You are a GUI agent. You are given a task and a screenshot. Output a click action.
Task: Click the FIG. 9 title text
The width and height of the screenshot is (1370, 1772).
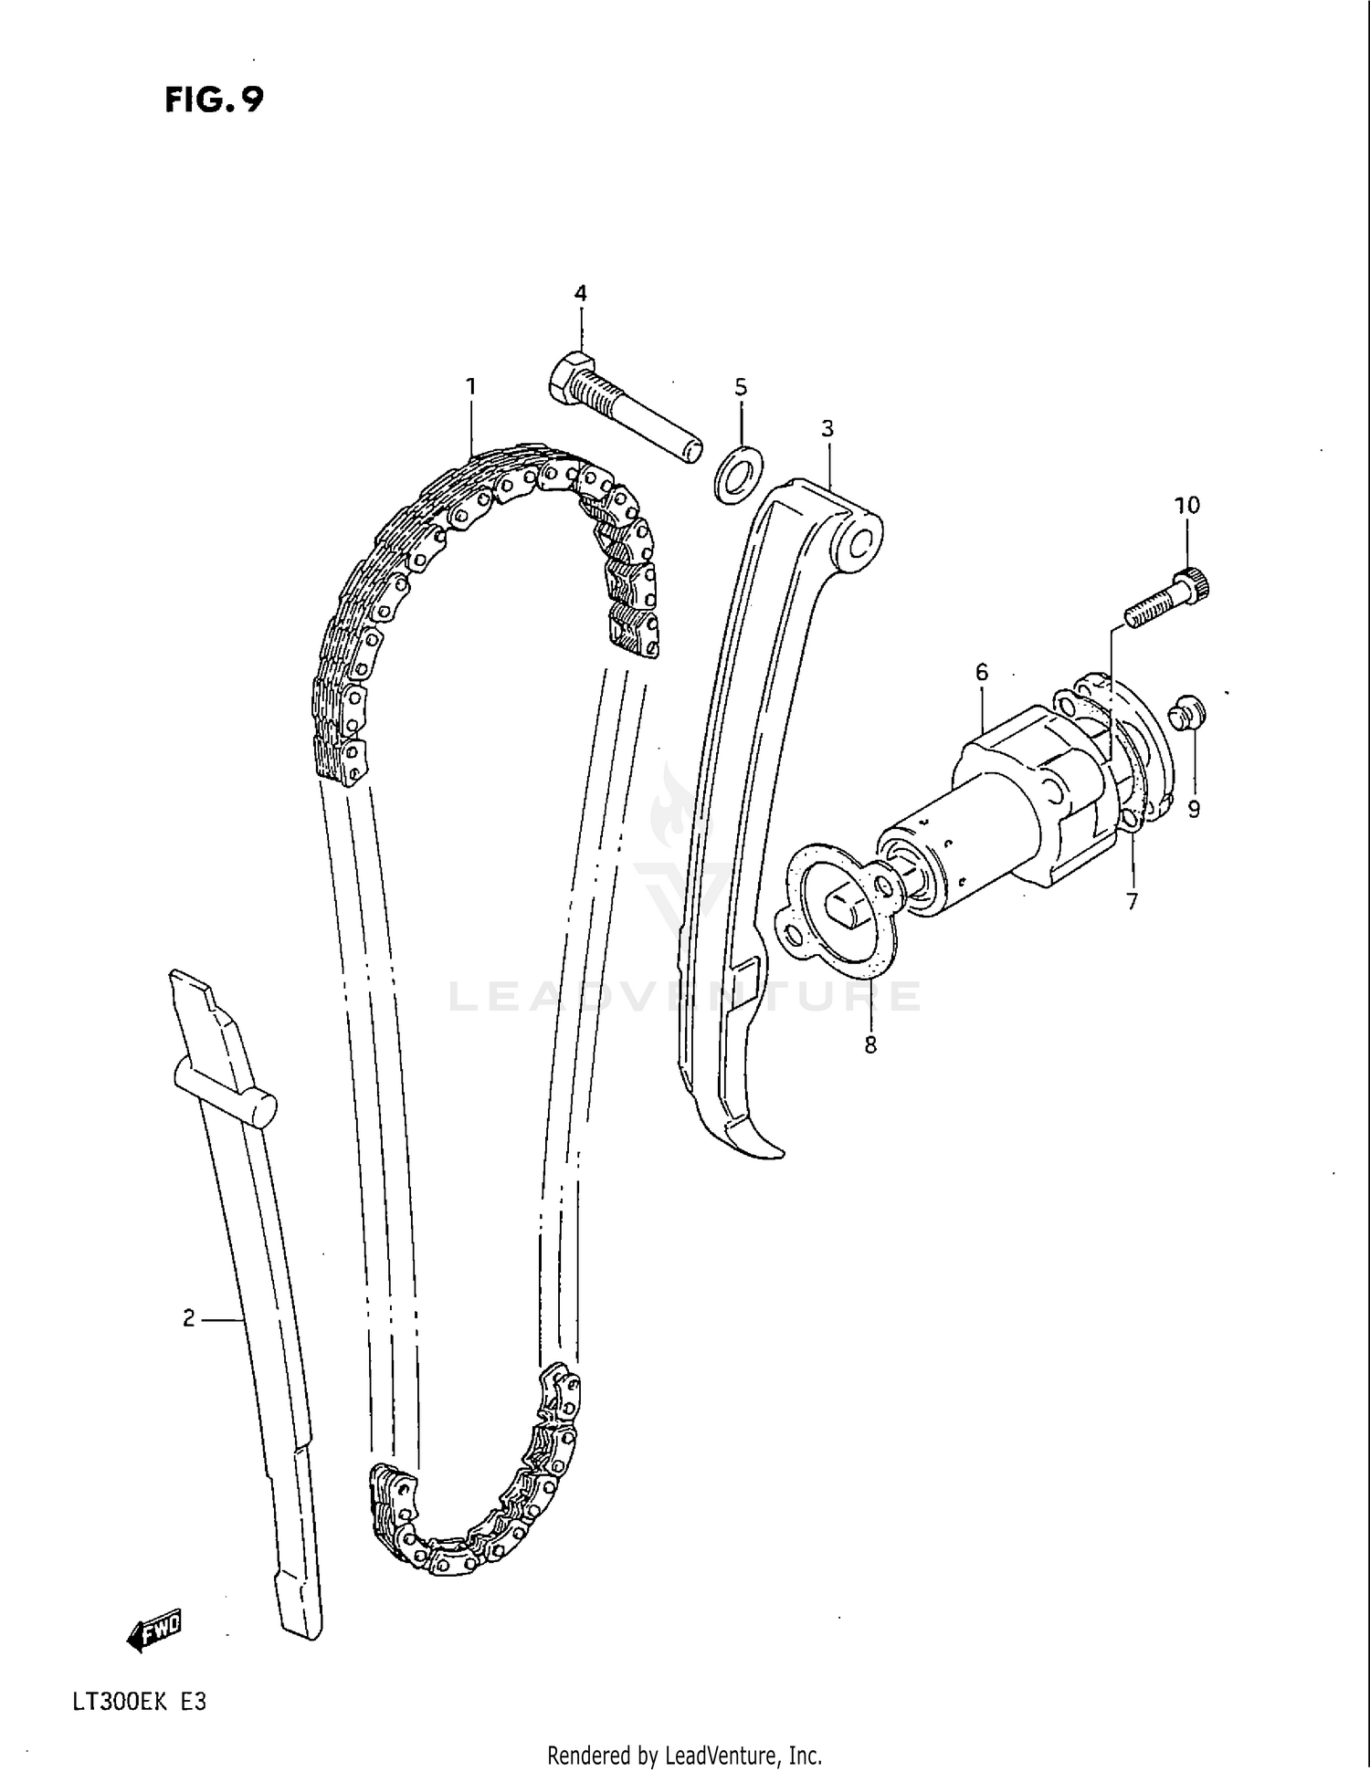click(214, 100)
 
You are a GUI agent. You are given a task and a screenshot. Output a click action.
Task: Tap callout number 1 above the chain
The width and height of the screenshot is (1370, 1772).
click(471, 387)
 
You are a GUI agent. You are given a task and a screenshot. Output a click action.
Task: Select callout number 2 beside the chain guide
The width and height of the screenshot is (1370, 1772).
click(189, 1318)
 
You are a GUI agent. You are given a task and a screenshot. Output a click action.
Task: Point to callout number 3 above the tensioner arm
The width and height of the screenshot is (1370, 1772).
click(827, 428)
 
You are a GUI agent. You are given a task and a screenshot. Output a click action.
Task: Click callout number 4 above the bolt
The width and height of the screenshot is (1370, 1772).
click(580, 293)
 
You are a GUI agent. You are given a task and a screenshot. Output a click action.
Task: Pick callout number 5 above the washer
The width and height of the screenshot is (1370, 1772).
click(741, 387)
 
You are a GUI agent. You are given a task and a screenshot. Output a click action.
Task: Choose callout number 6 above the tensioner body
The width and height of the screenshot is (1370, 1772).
click(982, 673)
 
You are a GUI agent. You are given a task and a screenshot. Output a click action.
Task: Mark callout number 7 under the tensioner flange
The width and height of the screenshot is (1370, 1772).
click(1132, 902)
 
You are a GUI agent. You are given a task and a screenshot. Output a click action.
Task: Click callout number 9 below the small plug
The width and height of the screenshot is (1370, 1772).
click(1194, 809)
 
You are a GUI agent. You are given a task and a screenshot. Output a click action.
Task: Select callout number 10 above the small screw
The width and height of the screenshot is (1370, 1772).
click(1186, 505)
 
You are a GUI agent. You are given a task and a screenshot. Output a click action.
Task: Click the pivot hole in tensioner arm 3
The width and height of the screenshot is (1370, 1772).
click(860, 544)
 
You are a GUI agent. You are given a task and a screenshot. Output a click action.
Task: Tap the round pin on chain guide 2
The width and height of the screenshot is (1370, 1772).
click(261, 1107)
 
